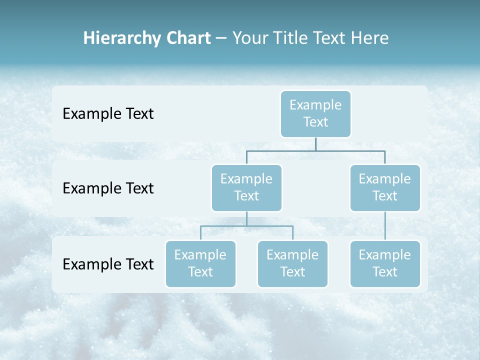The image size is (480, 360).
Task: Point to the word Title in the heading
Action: coord(291,38)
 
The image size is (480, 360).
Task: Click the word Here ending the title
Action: coord(369,38)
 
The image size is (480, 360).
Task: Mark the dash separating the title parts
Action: coord(221,38)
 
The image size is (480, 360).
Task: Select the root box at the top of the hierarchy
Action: coord(315,114)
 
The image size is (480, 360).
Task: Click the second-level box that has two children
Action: coord(246,187)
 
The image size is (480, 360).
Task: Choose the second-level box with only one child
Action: coord(385,187)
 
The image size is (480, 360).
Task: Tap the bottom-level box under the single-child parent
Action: coord(385,263)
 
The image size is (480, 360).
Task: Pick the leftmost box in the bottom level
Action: coord(200,263)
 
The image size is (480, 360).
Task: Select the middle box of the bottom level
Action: coord(292,263)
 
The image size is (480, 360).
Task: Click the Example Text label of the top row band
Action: coord(108,114)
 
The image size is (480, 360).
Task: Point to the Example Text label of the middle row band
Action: coord(108,188)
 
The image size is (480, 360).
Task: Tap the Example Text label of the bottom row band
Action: coord(108,264)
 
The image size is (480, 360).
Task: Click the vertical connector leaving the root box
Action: coord(315,144)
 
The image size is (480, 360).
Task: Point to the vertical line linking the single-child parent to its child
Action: coord(385,226)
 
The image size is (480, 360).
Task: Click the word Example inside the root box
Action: coord(315,105)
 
